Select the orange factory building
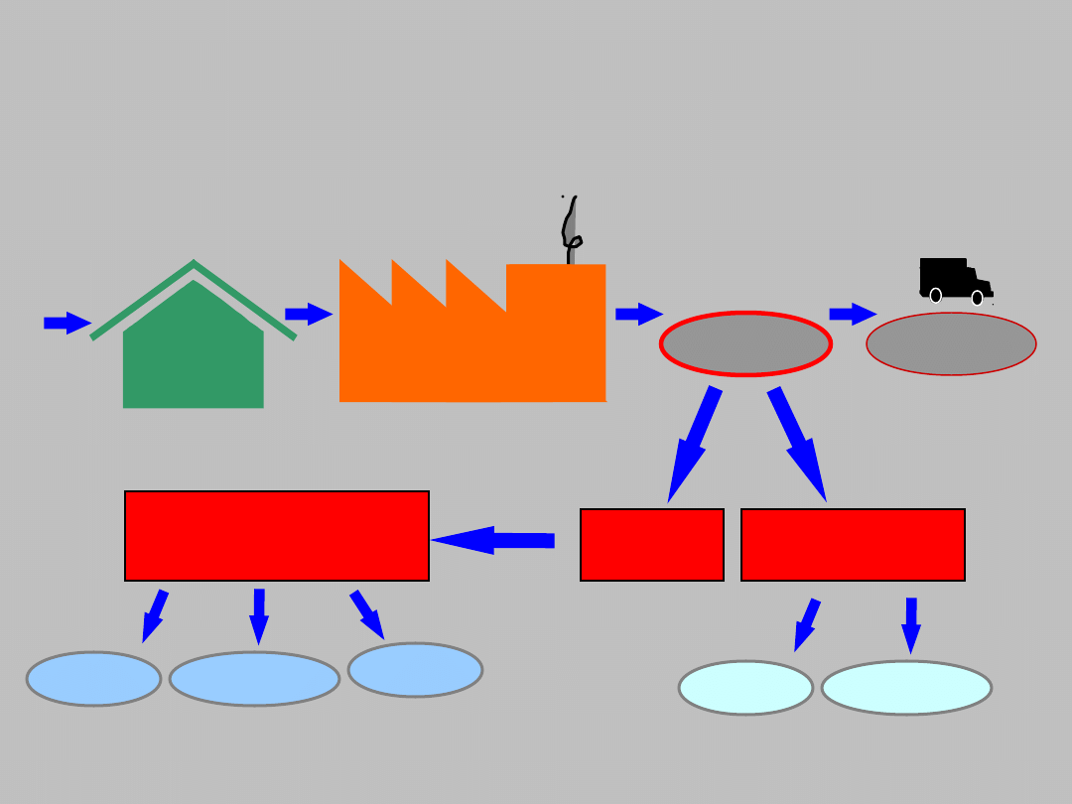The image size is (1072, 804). coord(471,342)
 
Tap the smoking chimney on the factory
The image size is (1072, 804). coord(571,233)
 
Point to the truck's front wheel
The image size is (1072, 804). coord(978,297)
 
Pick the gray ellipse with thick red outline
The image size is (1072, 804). coord(745,344)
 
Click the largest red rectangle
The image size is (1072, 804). coord(276,536)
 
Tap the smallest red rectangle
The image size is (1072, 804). coord(651,545)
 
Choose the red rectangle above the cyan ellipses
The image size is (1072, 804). coord(853,545)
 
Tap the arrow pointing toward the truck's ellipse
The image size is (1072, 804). coord(853,315)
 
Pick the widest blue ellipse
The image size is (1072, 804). coord(254,679)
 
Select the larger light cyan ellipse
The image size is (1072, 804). coord(906,688)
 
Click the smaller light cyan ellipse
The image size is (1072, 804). coord(745,688)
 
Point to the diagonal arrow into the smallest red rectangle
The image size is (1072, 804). coord(694,442)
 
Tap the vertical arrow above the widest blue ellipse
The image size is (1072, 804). coord(259,615)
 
